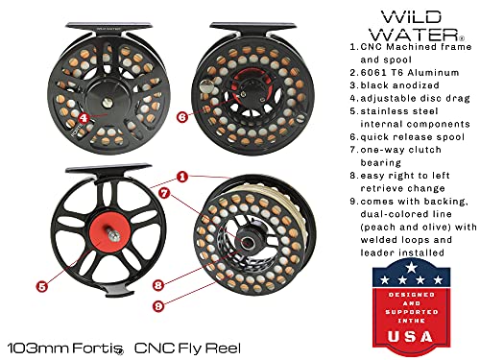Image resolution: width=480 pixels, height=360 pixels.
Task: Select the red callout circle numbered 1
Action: click(181, 177)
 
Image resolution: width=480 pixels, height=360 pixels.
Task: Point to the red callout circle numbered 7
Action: click(164, 193)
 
